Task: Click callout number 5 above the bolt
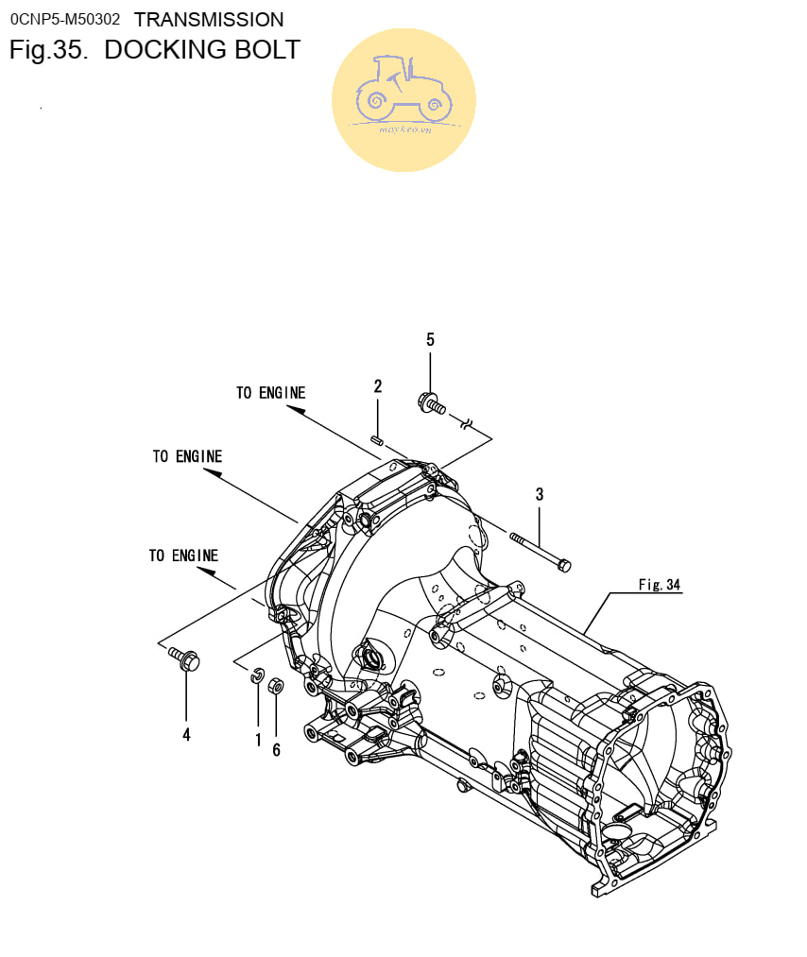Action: coord(430,339)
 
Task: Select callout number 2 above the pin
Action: coord(378,385)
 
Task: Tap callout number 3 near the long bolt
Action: coord(539,494)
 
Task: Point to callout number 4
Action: coord(187,734)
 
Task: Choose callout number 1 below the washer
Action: coord(258,740)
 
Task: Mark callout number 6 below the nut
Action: coord(277,749)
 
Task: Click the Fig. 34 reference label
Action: coord(660,585)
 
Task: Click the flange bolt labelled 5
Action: coord(432,403)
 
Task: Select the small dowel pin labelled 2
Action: coord(377,439)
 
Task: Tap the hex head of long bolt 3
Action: coord(564,566)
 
